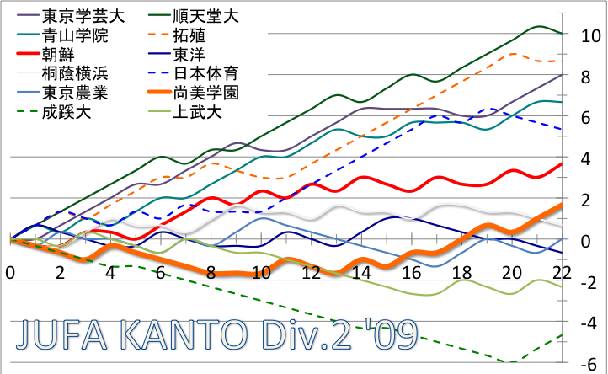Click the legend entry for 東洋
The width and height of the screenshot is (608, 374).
point(188,56)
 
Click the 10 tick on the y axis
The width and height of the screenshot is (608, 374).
point(590,35)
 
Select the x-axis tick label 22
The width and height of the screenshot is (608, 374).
point(562,273)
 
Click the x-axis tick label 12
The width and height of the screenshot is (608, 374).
point(311,273)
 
